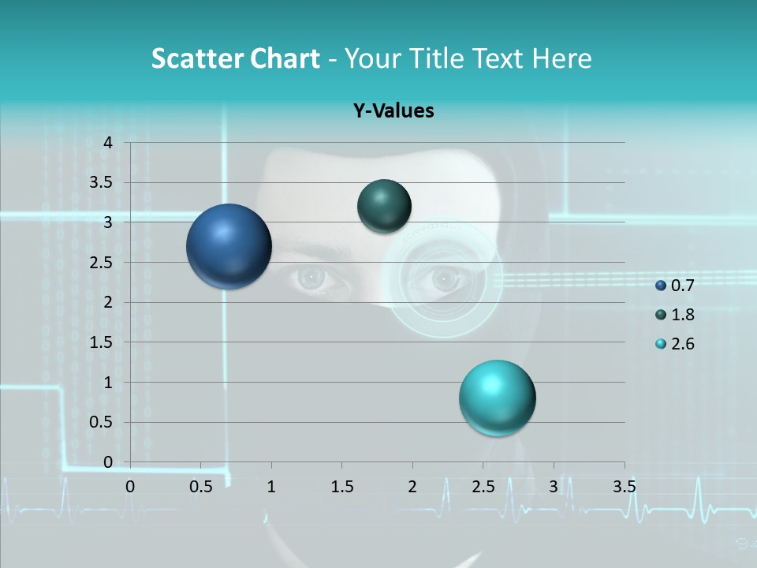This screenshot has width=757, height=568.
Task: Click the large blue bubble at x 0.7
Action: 229,246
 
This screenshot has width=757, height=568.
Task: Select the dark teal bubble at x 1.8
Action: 384,206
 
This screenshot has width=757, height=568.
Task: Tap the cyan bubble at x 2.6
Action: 497,398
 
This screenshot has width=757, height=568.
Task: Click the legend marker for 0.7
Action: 661,286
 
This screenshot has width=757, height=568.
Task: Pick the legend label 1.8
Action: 682,315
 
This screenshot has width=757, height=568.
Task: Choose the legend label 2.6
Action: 682,344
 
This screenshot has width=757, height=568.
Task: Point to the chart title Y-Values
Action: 393,111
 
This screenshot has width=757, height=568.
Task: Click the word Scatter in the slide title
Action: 196,58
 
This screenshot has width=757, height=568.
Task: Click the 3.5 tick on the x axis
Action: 624,487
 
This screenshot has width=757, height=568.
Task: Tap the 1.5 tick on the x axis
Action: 341,487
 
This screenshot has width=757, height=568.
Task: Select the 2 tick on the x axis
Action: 412,487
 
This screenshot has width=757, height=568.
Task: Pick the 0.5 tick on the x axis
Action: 201,487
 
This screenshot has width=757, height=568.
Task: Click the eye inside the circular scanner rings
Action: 444,278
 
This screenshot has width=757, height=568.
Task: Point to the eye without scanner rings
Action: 311,277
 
